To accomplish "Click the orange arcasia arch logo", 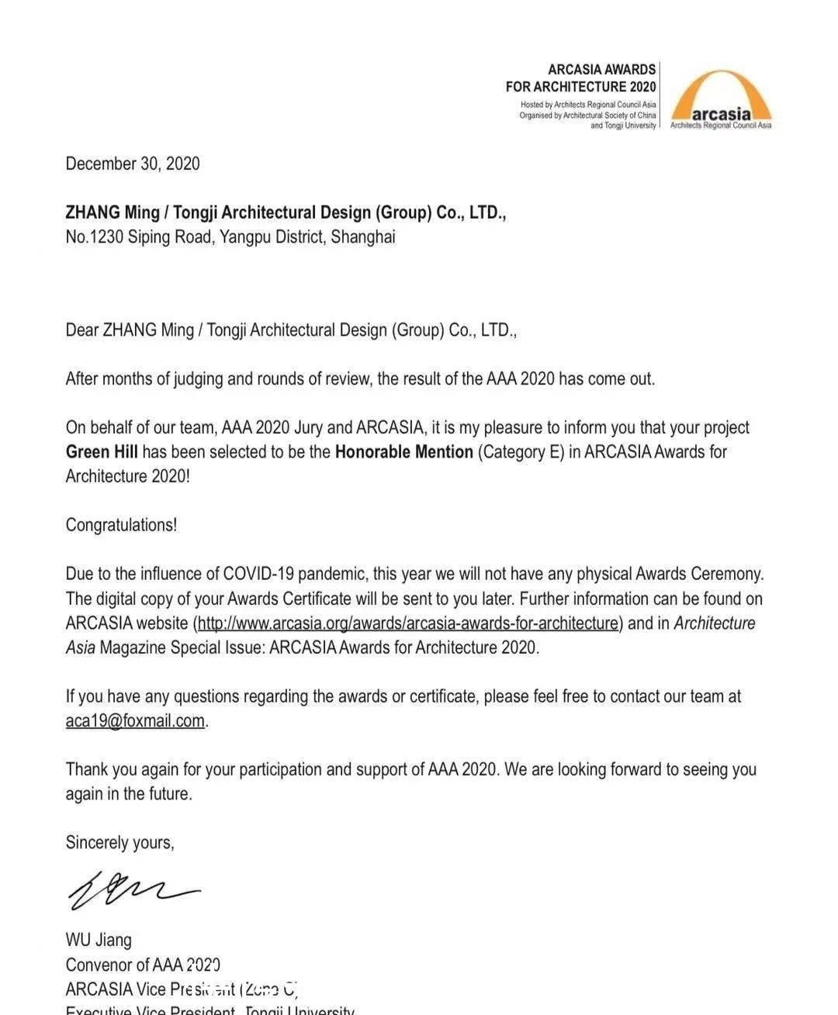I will click(721, 98).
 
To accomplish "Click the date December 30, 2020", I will click(133, 164).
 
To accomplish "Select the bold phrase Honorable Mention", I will click(403, 452).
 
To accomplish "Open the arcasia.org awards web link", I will click(407, 623).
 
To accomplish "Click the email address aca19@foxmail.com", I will click(135, 721).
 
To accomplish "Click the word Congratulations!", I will click(121, 525).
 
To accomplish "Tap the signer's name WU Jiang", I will click(99, 941).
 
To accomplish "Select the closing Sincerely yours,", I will click(119, 843).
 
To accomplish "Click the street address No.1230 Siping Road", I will click(139, 237).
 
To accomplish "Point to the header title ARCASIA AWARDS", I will click(601, 70).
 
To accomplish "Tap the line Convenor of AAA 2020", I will click(143, 965).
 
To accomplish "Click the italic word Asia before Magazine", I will click(81, 647).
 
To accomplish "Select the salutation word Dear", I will click(81, 330).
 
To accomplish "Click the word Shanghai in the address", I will click(362, 237).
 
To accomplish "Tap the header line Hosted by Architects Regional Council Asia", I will click(588, 105).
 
